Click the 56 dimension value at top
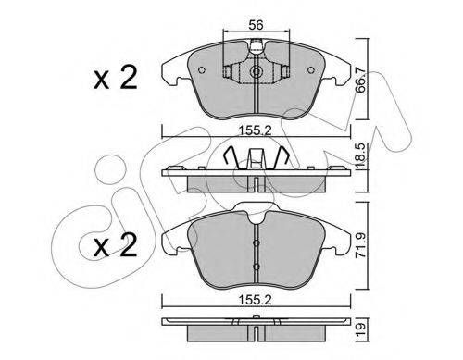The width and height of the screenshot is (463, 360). coord(256,25)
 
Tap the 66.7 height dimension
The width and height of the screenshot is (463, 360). coord(360,80)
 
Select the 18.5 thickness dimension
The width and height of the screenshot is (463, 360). coord(360,155)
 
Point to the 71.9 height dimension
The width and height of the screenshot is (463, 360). coord(361,245)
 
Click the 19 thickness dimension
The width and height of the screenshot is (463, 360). coord(361,329)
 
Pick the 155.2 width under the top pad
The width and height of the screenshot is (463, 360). coord(256,131)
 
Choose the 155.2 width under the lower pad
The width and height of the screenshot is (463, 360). coord(256,300)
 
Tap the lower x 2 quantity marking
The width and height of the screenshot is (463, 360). coord(115,244)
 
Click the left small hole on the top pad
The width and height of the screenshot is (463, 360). coord(202,70)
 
